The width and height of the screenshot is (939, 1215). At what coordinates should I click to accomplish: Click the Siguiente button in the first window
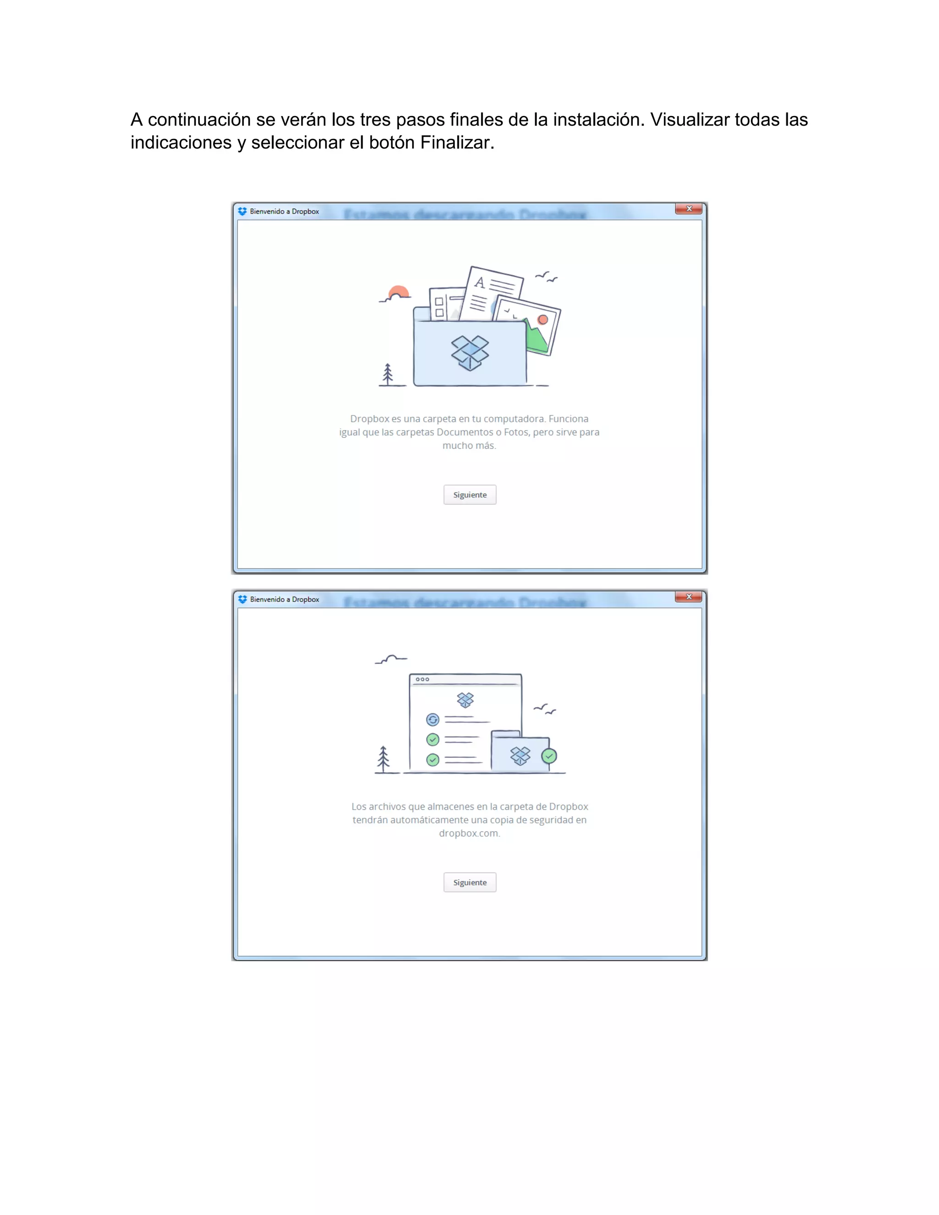click(469, 495)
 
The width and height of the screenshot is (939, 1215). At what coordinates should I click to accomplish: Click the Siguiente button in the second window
click(469, 882)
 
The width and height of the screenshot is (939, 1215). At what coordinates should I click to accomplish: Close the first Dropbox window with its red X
click(689, 209)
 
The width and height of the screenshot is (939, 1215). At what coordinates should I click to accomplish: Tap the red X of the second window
click(689, 597)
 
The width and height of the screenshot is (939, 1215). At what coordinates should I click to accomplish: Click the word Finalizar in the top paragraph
click(456, 143)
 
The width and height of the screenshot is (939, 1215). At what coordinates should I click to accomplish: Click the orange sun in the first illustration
click(399, 292)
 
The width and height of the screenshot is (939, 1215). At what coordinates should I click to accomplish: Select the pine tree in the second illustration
click(383, 759)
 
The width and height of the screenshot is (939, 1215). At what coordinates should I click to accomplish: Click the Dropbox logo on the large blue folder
click(470, 353)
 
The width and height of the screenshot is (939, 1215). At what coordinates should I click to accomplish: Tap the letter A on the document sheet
click(480, 282)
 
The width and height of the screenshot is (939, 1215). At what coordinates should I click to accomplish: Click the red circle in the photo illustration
click(543, 319)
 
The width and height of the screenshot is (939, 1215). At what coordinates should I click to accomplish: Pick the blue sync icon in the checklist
click(433, 720)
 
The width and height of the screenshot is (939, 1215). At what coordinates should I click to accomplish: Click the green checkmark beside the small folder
click(549, 756)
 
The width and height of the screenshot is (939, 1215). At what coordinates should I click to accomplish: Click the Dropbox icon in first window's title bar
click(243, 211)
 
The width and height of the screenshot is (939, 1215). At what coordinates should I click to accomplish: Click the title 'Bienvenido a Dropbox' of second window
click(284, 600)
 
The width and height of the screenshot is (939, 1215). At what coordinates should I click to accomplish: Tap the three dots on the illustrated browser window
click(422, 679)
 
